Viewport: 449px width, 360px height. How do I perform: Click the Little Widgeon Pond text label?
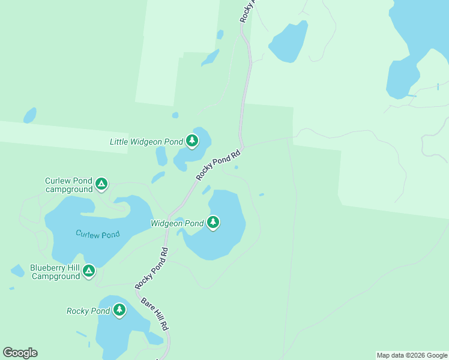coord(146,142)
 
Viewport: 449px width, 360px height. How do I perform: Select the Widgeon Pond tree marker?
coord(212,223)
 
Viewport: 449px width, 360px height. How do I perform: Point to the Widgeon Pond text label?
coord(177,224)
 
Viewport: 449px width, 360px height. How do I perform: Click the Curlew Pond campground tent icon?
coord(101,184)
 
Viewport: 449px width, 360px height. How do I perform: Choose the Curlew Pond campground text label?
coord(68,185)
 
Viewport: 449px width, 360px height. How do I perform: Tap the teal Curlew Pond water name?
coord(97,234)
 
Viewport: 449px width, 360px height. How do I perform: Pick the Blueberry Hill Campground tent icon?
coord(89,271)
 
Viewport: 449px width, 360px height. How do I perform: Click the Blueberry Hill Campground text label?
coord(55,272)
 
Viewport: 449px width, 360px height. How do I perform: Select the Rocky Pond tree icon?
coord(119,310)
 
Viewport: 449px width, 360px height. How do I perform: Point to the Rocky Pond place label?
coord(88,311)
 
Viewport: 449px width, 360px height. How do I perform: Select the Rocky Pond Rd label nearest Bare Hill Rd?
coord(151,268)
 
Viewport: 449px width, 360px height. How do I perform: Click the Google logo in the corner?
coord(20,353)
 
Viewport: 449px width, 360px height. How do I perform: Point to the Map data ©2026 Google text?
coord(411,355)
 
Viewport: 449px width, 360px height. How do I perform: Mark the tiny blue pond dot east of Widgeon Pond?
coord(261,194)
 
